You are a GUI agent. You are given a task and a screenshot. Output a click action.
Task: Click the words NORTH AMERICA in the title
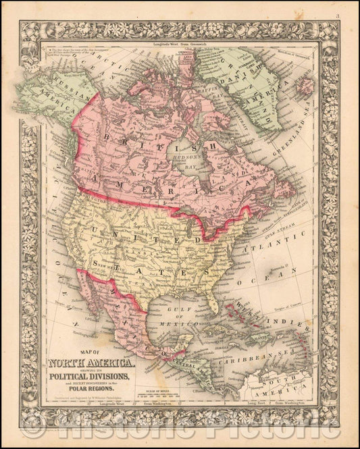91,365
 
